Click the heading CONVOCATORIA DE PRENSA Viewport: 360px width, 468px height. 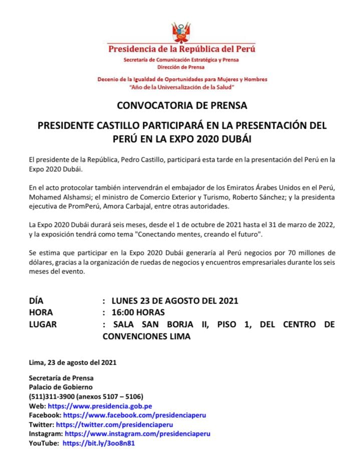(x=182, y=106)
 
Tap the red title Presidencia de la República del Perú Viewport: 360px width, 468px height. (x=182, y=49)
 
